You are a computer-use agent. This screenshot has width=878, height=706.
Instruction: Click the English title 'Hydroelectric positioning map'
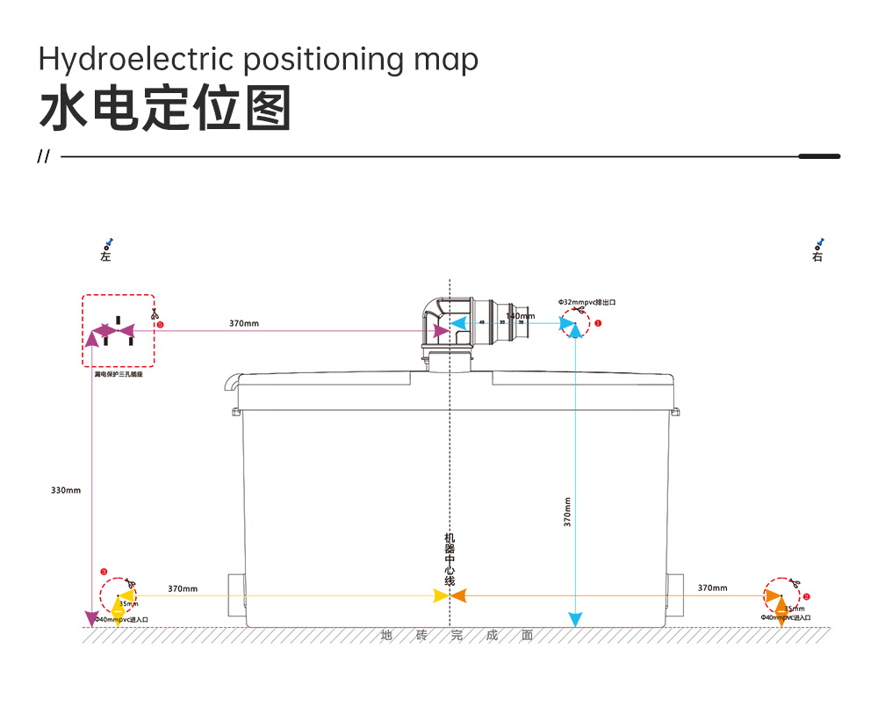coord(258,60)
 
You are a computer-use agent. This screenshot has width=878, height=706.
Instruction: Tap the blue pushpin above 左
coord(109,243)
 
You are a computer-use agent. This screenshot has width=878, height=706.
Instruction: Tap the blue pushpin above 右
coord(820,242)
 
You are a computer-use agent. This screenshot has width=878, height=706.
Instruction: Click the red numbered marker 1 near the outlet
coord(599,323)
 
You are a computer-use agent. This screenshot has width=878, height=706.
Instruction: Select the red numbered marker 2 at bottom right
coord(806,595)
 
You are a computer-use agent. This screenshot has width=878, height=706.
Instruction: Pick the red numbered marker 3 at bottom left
coord(104,572)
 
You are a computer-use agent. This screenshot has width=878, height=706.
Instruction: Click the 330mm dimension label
coord(66,490)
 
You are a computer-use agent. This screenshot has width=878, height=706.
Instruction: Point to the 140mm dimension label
coord(520,316)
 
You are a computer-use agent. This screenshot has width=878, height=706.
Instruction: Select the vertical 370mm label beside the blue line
coord(568,512)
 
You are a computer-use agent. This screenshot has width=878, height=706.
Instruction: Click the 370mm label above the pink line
coord(244,323)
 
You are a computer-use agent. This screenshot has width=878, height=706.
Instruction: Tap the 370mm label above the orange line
coord(712,587)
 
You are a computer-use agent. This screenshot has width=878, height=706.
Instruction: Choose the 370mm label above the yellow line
coord(183,588)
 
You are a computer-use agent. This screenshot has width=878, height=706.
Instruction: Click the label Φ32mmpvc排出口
coord(587,302)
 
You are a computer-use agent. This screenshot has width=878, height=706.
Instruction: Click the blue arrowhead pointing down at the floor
coord(575,619)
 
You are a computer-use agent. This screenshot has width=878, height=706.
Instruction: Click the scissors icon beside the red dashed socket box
coord(155,313)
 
